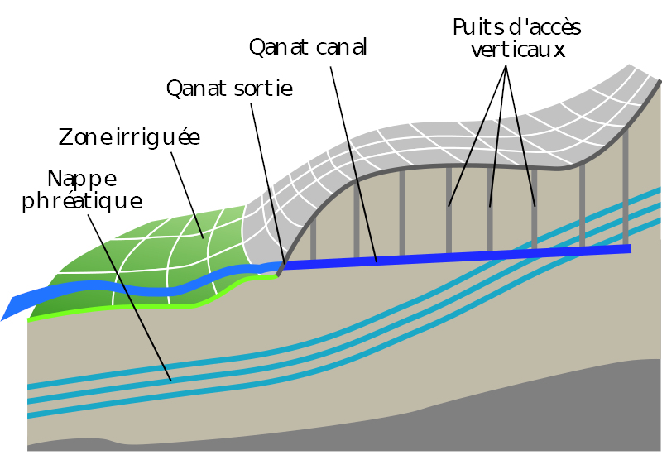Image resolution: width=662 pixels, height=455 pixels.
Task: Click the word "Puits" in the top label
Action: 478,27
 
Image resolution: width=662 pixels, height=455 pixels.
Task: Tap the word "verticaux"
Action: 518,50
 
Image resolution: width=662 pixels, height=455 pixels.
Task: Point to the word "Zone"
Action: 82,136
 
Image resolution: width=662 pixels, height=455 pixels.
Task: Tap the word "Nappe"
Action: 82,180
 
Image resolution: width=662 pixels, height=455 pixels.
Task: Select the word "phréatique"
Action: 82,201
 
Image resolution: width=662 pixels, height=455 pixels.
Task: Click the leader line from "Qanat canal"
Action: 353,165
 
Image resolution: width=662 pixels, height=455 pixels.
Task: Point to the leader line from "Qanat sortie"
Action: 267,184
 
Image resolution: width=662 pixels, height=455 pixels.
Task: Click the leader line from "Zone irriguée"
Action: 187,195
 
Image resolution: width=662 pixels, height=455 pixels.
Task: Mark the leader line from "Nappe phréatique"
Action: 130,298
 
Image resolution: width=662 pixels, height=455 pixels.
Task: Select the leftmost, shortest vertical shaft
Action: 314,238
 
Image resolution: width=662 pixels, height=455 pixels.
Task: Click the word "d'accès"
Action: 545,27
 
